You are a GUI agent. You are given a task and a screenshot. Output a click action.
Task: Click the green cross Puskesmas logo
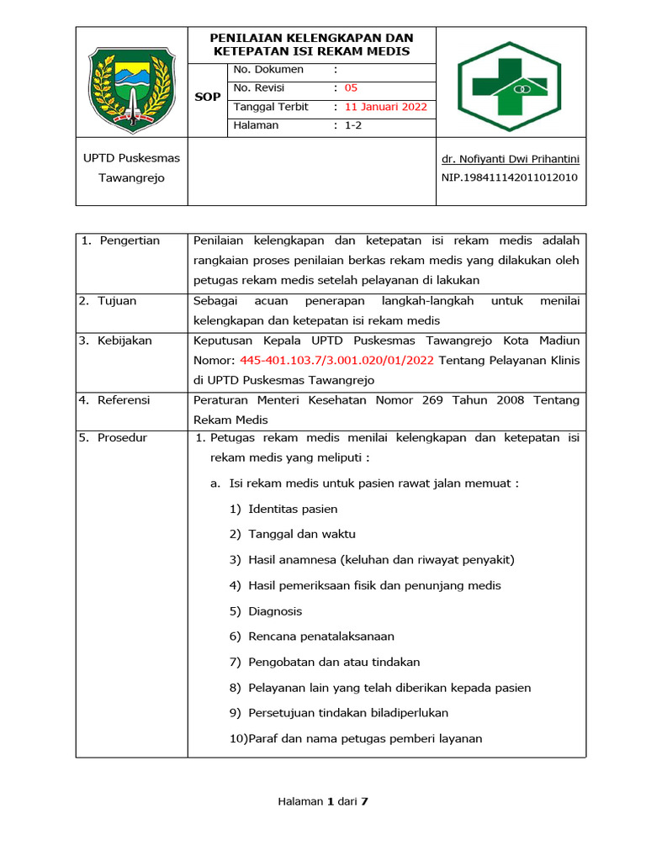tap(510, 82)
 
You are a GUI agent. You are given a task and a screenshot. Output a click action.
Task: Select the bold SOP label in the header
tap(208, 97)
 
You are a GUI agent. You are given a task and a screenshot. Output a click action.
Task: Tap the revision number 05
tap(351, 87)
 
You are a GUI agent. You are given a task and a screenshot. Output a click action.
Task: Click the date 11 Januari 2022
tap(386, 107)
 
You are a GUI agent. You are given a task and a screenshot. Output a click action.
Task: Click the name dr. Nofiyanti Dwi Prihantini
tap(511, 158)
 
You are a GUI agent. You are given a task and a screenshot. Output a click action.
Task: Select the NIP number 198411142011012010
tap(509, 177)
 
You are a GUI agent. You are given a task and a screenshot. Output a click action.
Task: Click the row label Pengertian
tap(129, 241)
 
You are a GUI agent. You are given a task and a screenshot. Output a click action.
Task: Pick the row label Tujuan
tap(116, 301)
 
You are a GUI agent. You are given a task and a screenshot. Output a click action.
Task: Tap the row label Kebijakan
tap(124, 341)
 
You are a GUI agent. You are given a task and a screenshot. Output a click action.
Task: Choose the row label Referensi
tap(123, 400)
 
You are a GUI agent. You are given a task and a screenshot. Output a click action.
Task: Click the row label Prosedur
tap(122, 438)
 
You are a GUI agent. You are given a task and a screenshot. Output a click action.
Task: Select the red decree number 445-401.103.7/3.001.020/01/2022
tap(336, 360)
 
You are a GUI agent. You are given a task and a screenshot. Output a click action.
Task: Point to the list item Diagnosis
tap(275, 611)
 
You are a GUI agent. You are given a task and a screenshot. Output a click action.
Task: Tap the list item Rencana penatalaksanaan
tap(321, 637)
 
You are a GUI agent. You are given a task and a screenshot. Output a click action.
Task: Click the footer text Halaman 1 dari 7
tap(323, 801)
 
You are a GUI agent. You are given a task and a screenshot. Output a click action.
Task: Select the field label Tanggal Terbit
tap(271, 107)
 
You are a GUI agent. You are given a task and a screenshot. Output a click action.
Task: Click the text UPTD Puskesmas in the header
tap(131, 158)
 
